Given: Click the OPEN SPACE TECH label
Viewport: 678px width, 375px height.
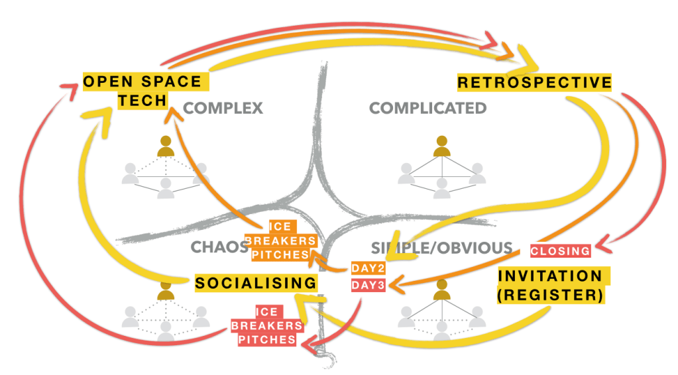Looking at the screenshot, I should [x=142, y=90].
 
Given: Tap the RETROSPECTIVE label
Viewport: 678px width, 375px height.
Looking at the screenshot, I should [x=534, y=82].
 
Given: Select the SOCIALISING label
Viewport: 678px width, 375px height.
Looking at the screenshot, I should [x=256, y=283].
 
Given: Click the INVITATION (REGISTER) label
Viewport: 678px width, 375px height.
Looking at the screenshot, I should [x=550, y=286].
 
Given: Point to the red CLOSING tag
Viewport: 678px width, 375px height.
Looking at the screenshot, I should [x=560, y=250].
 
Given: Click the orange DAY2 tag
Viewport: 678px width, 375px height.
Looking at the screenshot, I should [x=368, y=268].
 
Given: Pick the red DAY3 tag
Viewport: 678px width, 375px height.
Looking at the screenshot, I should [x=368, y=286].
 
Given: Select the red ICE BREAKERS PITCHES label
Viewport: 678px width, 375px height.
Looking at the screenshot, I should [x=267, y=325].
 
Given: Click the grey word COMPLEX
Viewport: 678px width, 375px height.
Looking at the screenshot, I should [x=223, y=108].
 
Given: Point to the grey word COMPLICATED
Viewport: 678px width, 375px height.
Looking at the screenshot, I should [x=427, y=108].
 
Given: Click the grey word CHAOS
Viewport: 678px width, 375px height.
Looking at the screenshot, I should [x=219, y=247].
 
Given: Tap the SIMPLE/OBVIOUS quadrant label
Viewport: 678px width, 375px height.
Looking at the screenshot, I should [x=441, y=248].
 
